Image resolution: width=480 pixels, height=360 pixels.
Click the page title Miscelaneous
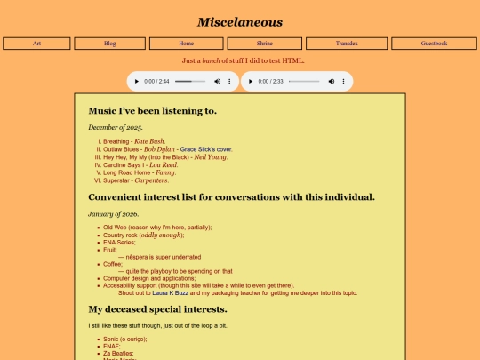[x=240, y=22]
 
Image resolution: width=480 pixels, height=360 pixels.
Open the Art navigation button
[x=36, y=43]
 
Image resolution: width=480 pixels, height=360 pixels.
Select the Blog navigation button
[x=109, y=43]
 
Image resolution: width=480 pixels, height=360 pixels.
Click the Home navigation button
[x=186, y=43]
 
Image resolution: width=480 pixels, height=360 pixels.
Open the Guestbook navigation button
[x=434, y=43]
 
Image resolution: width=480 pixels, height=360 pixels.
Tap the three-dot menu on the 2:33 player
[x=343, y=81]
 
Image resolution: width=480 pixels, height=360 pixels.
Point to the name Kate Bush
[x=149, y=141]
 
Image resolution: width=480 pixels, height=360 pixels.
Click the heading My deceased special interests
[x=157, y=309]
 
